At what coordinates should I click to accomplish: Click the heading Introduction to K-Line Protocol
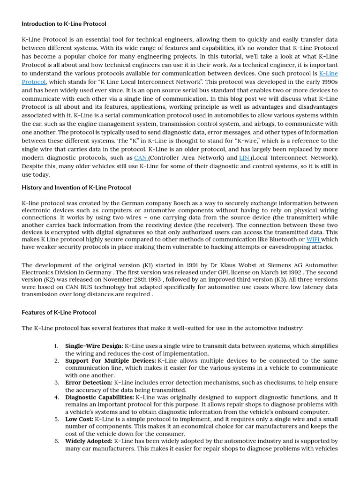coord(64,23)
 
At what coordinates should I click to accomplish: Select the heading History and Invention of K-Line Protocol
coord(76,187)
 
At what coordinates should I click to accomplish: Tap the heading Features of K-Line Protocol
coord(59,312)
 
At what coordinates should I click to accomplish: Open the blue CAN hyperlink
coord(140,158)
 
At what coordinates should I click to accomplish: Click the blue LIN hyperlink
coord(244,158)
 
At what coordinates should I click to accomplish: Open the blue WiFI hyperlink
coord(313,240)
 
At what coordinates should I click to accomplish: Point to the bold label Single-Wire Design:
coord(94,346)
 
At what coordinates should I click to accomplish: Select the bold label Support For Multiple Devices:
coord(111,361)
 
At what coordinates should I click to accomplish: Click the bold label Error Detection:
coord(89,383)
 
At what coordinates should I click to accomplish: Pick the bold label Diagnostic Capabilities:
coord(99,397)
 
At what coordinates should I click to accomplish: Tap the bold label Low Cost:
coord(79,419)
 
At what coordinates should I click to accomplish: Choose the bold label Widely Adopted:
coord(89,441)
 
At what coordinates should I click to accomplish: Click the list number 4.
coord(56,397)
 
